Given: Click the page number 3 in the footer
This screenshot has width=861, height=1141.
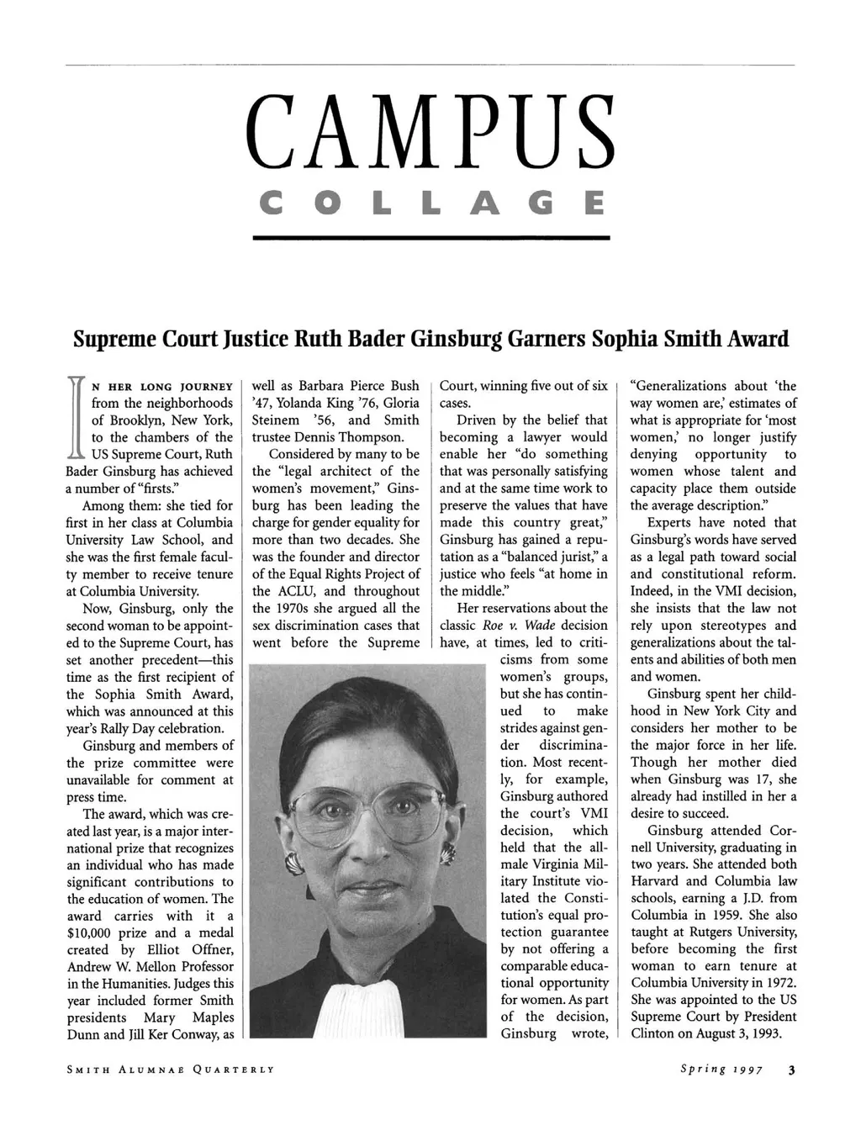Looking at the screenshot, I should (x=791, y=1070).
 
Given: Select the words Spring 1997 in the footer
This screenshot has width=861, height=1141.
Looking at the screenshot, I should (x=722, y=1070).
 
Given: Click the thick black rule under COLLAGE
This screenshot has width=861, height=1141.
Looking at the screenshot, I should (x=430, y=238).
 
